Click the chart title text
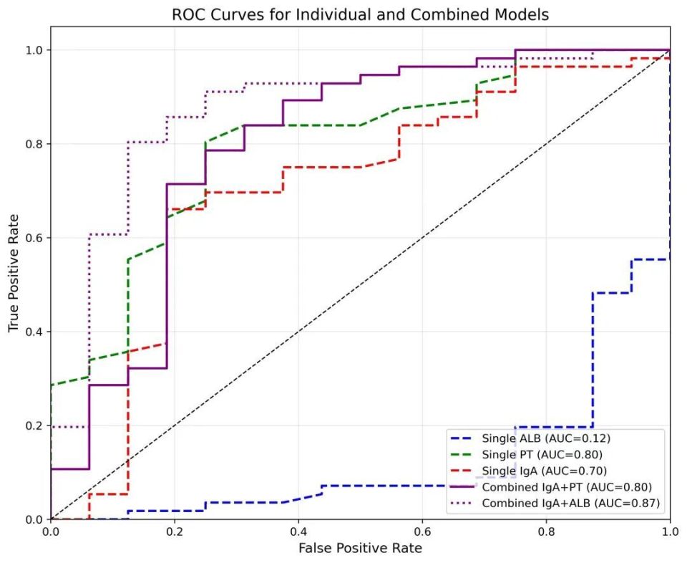(x=360, y=14)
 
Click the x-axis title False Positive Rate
(x=360, y=549)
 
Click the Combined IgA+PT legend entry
(x=552, y=487)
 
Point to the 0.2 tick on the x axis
(x=174, y=532)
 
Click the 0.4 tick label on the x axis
(x=298, y=532)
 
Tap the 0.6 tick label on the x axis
(x=422, y=532)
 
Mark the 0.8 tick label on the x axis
(x=546, y=532)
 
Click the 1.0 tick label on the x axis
(x=670, y=532)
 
